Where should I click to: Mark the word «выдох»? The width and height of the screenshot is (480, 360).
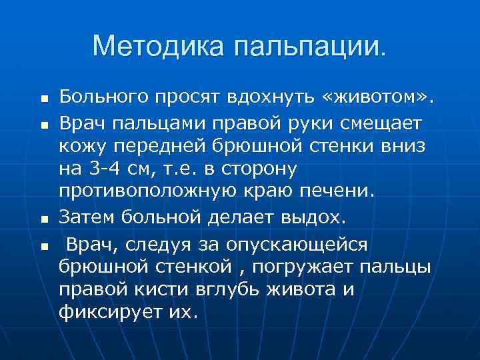(x=315, y=216)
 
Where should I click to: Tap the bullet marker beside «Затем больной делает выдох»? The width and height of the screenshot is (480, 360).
(x=41, y=218)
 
